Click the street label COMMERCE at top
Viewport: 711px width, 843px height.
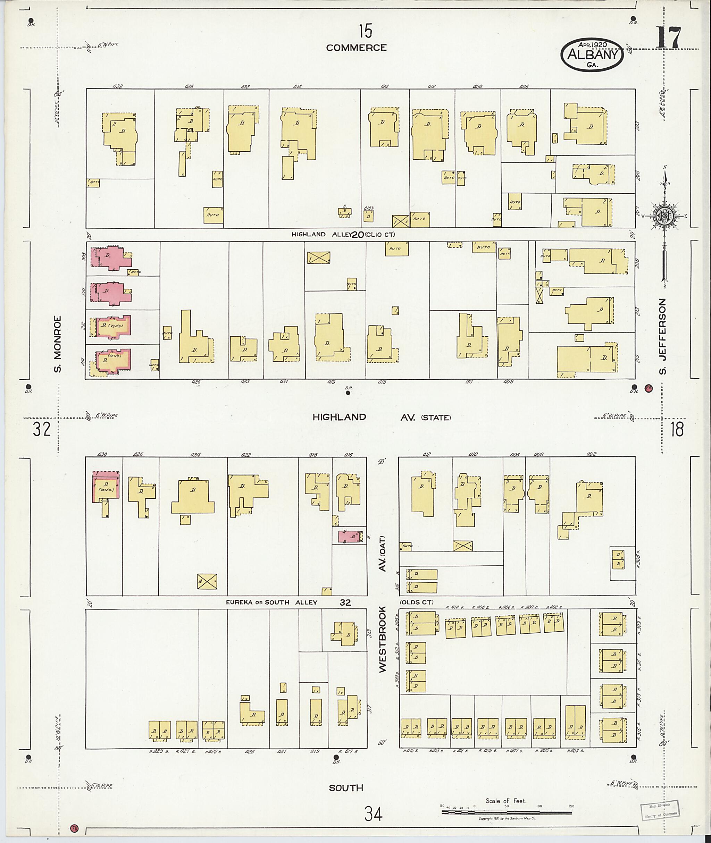[356, 48]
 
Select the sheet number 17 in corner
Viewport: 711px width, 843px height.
[669, 38]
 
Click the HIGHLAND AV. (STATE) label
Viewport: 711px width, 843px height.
[381, 418]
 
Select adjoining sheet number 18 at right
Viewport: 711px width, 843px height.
[677, 430]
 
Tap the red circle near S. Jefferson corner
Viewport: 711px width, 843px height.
[649, 388]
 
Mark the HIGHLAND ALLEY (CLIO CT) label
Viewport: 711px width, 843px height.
[344, 235]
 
